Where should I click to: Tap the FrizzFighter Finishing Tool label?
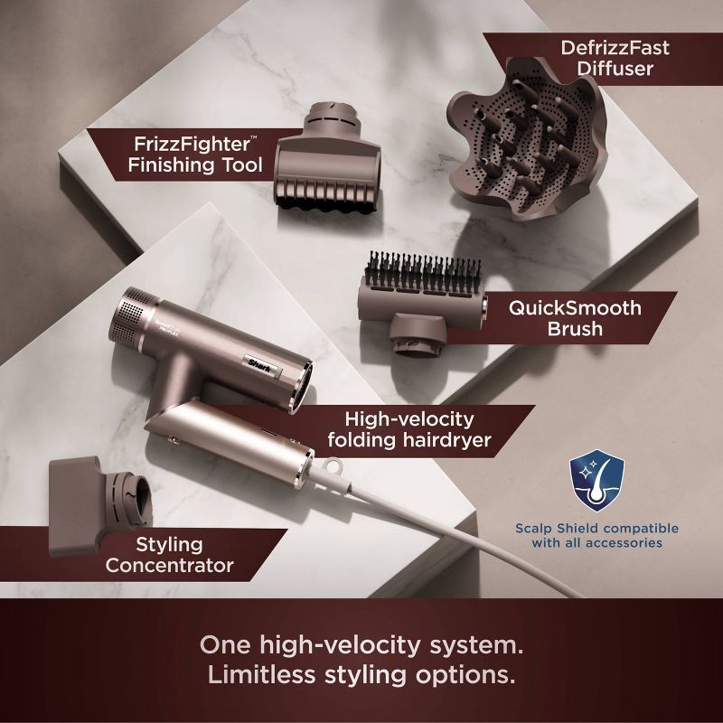195,153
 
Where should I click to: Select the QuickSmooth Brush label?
574,318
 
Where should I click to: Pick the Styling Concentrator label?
169,555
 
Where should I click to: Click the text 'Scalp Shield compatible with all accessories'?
596,535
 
